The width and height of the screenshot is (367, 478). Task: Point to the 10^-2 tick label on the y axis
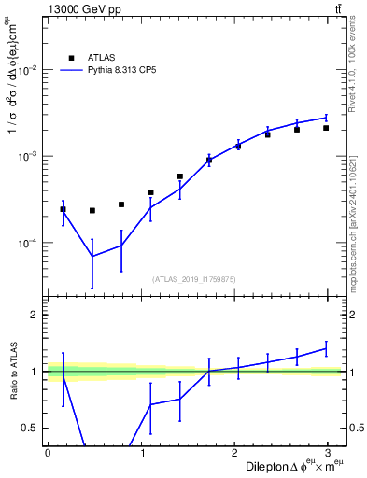click(26, 70)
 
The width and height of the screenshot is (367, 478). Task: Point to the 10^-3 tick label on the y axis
click(26, 156)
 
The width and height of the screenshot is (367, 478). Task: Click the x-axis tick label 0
click(48, 452)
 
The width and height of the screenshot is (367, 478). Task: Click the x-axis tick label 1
click(143, 452)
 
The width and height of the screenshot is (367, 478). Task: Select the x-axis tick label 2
click(238, 452)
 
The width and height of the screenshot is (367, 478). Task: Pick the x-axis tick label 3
click(333, 452)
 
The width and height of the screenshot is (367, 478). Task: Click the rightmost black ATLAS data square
click(326, 128)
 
